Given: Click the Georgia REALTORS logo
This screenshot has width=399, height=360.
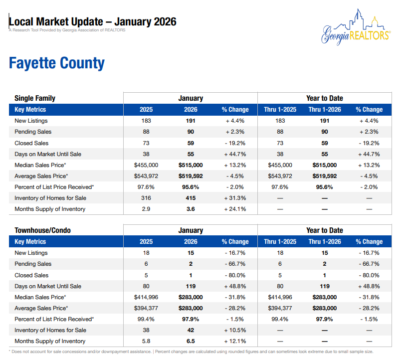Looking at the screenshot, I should pos(355,28).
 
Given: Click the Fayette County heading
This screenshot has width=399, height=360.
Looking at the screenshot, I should pos(57,63).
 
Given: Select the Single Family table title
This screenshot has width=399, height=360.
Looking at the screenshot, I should pos(35,98).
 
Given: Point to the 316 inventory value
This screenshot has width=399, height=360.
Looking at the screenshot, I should pos(146,198).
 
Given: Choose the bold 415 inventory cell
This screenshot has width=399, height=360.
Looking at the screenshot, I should pos(191,198).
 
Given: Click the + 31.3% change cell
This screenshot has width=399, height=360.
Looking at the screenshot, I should pos(235,198).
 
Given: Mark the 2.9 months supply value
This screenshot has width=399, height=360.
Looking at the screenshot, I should pos(146,209).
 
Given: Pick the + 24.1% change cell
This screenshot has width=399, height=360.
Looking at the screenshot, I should pos(235,209).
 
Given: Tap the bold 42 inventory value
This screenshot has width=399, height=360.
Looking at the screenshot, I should pos(191,330).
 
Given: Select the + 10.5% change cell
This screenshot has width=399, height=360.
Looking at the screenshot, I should pos(235,330).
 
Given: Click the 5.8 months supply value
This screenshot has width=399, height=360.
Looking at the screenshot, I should pos(146,341).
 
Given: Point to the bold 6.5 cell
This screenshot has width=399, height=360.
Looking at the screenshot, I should pos(191,341).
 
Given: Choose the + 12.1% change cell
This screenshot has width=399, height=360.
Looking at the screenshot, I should pos(235,341).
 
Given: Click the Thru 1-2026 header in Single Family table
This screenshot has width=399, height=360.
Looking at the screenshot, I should pos(325,110).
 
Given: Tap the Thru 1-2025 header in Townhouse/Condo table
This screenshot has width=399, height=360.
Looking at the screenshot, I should pos(280,242).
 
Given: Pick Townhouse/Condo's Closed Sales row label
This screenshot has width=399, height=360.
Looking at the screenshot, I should pos(31,275).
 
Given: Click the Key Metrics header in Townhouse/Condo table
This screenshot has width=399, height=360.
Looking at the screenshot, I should pos(30,242).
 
